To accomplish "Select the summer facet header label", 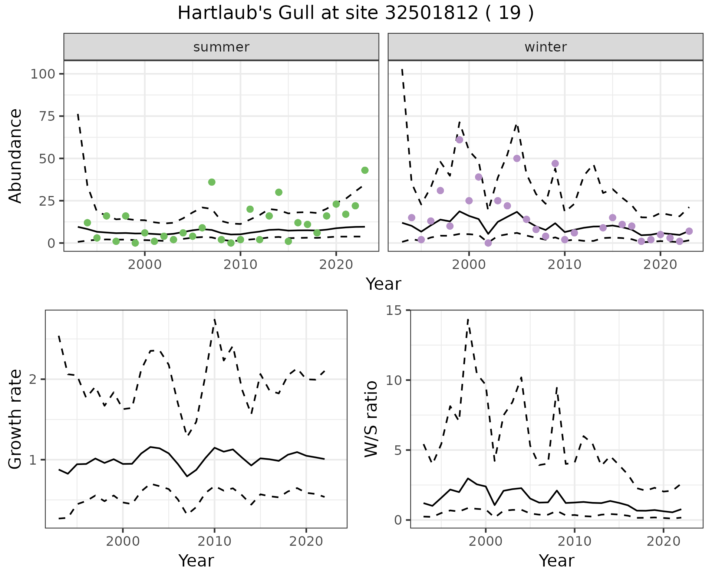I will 221,47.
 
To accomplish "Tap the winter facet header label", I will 545,47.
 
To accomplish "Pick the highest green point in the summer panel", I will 365,170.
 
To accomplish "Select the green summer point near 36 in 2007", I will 212,182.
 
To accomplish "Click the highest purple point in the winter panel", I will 459,140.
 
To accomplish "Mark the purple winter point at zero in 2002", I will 488,243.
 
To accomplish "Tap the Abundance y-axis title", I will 16,156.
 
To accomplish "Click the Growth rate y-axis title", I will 16,419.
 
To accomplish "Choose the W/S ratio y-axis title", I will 371,419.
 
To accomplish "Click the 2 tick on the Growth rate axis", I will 34,379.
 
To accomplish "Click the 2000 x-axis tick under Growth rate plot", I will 123,541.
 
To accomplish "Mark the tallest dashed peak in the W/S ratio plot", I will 468,319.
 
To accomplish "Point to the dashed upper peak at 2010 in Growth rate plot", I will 214,319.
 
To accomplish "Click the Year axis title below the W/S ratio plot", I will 556,561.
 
